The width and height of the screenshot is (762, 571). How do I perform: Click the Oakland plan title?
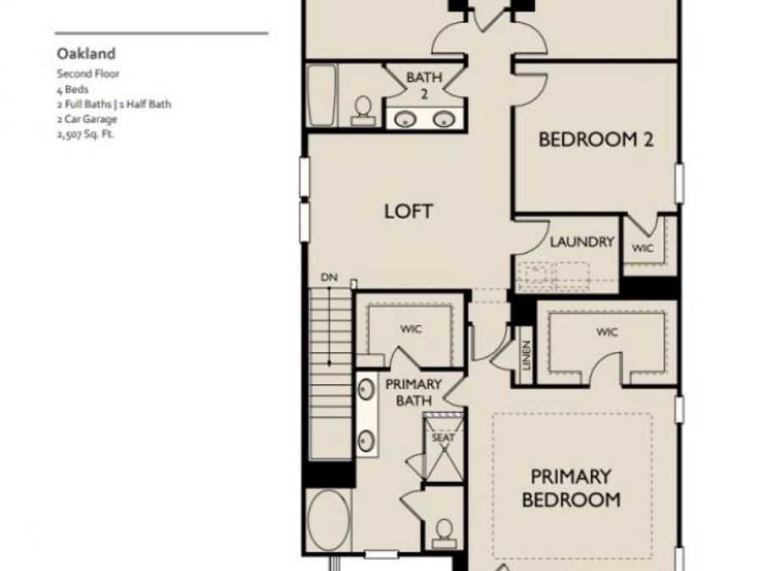[x=86, y=53]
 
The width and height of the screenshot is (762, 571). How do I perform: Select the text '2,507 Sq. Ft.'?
[x=86, y=134]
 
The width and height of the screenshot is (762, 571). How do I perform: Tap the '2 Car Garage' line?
[x=87, y=119]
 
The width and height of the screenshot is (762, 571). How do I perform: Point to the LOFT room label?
[x=408, y=211]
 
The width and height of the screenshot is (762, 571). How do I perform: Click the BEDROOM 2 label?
[x=596, y=140]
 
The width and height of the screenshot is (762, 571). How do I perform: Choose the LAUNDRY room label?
[x=582, y=241]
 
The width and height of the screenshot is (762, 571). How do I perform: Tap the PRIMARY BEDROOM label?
[x=571, y=488]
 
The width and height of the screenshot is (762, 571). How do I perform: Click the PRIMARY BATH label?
[x=413, y=393]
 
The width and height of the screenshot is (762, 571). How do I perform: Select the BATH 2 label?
[x=424, y=85]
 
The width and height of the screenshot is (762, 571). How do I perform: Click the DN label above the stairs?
[x=329, y=277]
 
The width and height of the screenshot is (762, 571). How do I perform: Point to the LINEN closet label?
[x=526, y=355]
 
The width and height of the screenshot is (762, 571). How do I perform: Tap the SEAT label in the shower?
[x=443, y=437]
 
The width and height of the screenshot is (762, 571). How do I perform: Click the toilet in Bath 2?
[x=363, y=112]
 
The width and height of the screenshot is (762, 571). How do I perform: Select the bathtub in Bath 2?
[x=322, y=95]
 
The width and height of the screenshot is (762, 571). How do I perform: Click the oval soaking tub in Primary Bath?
[x=329, y=520]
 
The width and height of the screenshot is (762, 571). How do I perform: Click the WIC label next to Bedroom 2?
[x=643, y=248]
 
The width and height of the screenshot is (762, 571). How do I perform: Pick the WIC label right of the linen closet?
[x=607, y=332]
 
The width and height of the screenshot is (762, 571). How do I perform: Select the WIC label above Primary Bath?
[x=411, y=329]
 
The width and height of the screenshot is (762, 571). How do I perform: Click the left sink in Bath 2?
[x=405, y=119]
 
